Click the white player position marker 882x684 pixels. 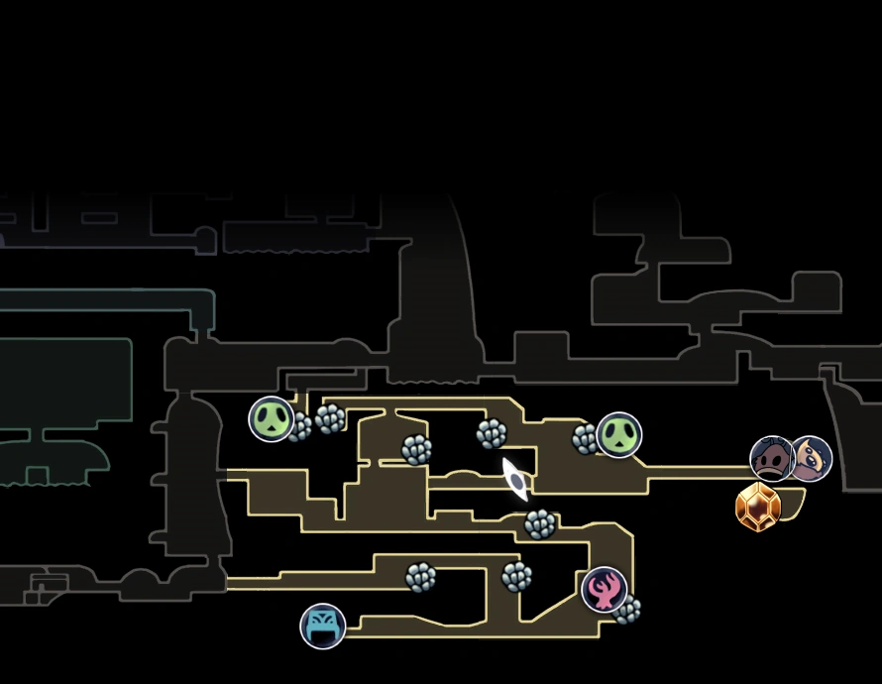(x=515, y=479)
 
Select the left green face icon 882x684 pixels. (x=271, y=418)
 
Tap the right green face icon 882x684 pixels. (x=619, y=435)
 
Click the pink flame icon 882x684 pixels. (x=604, y=590)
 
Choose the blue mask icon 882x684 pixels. (x=323, y=626)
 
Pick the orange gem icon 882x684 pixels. (x=758, y=508)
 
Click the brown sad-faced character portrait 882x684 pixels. (x=772, y=459)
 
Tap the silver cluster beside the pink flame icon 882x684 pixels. (x=627, y=610)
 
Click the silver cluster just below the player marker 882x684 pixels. (x=540, y=524)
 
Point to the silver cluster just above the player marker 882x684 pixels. (x=492, y=433)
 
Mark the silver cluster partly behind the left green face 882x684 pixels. (x=298, y=427)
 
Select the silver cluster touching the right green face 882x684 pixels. (x=587, y=438)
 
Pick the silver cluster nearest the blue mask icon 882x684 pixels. (x=420, y=577)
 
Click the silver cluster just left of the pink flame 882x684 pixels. (x=516, y=576)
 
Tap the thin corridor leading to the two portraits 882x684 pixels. (x=694, y=473)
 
